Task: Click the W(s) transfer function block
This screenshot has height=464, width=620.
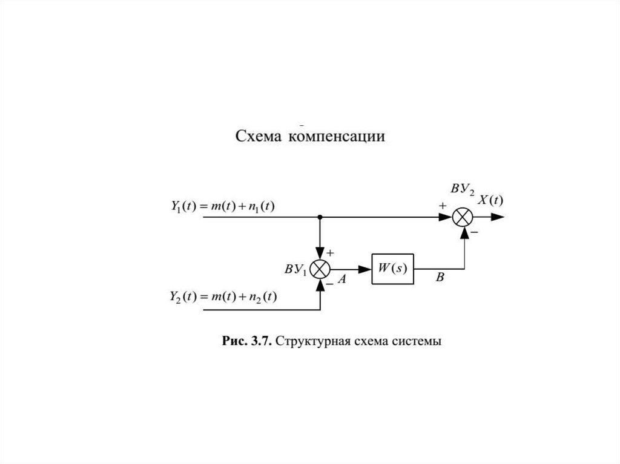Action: [x=392, y=269]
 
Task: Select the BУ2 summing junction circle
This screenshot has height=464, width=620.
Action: [x=464, y=217]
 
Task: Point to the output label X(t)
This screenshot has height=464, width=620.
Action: [x=492, y=201]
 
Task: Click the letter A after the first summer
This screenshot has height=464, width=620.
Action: [x=341, y=279]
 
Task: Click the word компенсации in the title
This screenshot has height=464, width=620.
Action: [x=337, y=137]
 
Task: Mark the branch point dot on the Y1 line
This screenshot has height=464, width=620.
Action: [x=320, y=217]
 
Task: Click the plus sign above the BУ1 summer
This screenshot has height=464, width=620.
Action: [x=330, y=252]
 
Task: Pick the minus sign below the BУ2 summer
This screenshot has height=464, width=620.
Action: [x=474, y=232]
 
